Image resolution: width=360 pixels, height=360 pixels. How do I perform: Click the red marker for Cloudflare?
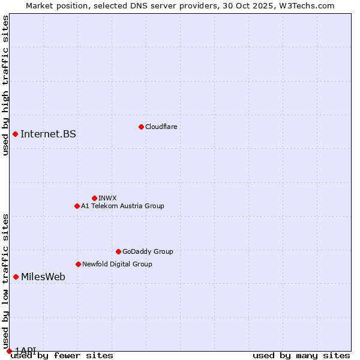pyautogui.click(x=141, y=127)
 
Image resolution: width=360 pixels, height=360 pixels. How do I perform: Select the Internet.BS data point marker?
pyautogui.click(x=15, y=134)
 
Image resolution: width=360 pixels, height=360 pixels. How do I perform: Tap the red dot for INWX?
pyautogui.click(x=94, y=198)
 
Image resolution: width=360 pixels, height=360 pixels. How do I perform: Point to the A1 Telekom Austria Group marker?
pyautogui.click(x=77, y=206)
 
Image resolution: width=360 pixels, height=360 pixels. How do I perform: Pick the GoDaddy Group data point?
pyautogui.click(x=118, y=251)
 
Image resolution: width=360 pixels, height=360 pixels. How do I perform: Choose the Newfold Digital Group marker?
pyautogui.click(x=78, y=264)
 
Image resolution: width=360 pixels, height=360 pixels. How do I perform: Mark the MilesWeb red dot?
pyautogui.click(x=16, y=277)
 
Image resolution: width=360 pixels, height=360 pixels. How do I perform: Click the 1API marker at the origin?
pyautogui.click(x=9, y=351)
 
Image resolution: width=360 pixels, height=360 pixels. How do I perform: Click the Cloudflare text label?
pyautogui.click(x=161, y=127)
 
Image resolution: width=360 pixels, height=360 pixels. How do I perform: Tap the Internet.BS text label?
pyautogui.click(x=48, y=134)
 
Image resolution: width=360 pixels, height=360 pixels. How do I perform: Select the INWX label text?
pyautogui.click(x=107, y=198)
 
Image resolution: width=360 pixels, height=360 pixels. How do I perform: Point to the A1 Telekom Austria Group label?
pyautogui.click(x=122, y=206)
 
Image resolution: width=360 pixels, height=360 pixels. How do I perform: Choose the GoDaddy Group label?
pyautogui.click(x=148, y=251)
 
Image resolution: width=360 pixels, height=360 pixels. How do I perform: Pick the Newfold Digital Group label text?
pyautogui.click(x=117, y=264)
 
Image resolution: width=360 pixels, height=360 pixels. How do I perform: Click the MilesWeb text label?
pyautogui.click(x=43, y=277)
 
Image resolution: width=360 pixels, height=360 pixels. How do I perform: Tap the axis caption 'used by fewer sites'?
pyautogui.click(x=62, y=356)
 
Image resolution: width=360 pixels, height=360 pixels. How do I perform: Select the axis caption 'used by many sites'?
pyautogui.click(x=301, y=356)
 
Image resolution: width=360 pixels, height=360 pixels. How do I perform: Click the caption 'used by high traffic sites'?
pyautogui.click(x=6, y=85)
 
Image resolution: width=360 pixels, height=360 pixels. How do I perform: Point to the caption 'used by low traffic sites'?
pyautogui.click(x=6, y=281)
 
